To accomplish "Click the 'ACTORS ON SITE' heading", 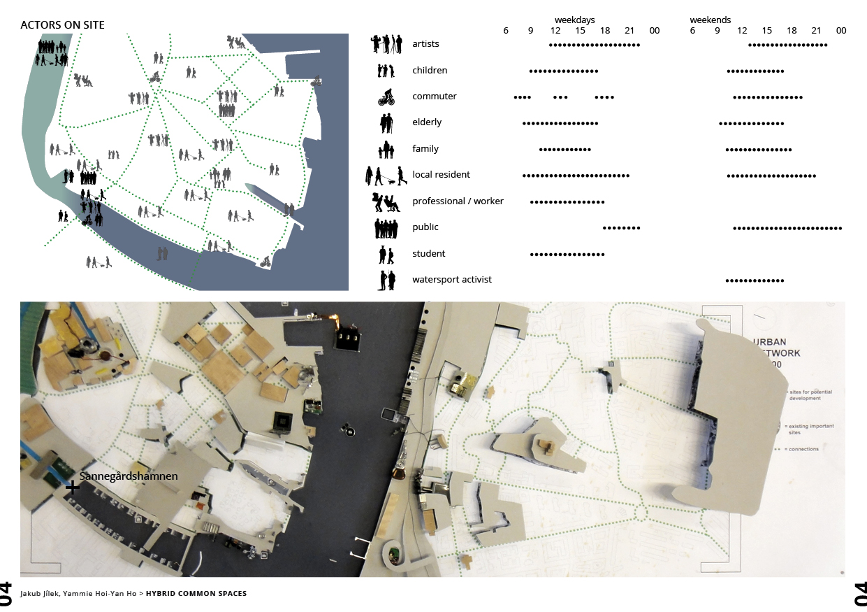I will tap(62, 25).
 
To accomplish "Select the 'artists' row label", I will tap(425, 44).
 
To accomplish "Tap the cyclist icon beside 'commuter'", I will tap(386, 97).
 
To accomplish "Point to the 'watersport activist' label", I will tap(451, 280).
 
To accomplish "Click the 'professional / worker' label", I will tap(458, 201).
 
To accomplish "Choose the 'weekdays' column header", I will tap(574, 20).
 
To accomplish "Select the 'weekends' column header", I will tap(710, 20).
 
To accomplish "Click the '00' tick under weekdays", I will tap(654, 31).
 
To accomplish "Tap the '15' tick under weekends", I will tap(766, 31).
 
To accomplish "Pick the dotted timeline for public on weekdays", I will tap(621, 228).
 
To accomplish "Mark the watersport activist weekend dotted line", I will tap(755, 280).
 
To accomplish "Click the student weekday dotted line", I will tap(567, 254).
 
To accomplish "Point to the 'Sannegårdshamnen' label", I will tap(129, 476).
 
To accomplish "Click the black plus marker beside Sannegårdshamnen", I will tap(72, 488).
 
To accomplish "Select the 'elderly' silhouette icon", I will tap(386, 123).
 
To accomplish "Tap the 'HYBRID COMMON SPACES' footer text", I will tap(196, 594).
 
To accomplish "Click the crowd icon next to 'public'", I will tap(386, 228).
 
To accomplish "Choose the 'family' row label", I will tap(425, 149).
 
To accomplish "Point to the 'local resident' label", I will tap(441, 175).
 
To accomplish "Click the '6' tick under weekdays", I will tap(506, 31).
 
